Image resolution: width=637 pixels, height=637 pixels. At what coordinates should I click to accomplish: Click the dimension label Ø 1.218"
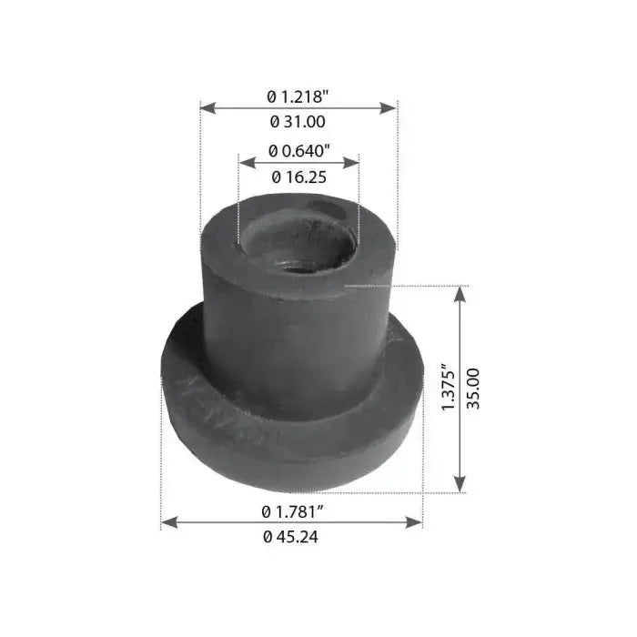(298, 96)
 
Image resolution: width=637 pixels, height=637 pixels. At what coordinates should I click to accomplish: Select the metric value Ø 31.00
(298, 122)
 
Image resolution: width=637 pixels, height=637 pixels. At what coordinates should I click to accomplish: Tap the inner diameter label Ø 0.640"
(299, 151)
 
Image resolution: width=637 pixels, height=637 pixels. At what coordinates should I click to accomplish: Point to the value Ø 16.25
(299, 177)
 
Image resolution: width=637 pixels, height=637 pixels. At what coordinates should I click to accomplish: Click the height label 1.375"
(450, 387)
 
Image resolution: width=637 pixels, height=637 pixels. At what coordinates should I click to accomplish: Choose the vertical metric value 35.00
(473, 389)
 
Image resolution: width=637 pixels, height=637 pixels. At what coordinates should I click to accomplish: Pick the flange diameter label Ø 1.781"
(293, 511)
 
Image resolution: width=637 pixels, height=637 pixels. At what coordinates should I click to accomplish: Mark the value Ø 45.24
(290, 537)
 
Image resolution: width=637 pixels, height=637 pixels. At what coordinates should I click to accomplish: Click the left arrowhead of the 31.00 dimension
(208, 108)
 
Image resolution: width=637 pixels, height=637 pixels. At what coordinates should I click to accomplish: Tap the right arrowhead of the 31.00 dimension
(388, 108)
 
